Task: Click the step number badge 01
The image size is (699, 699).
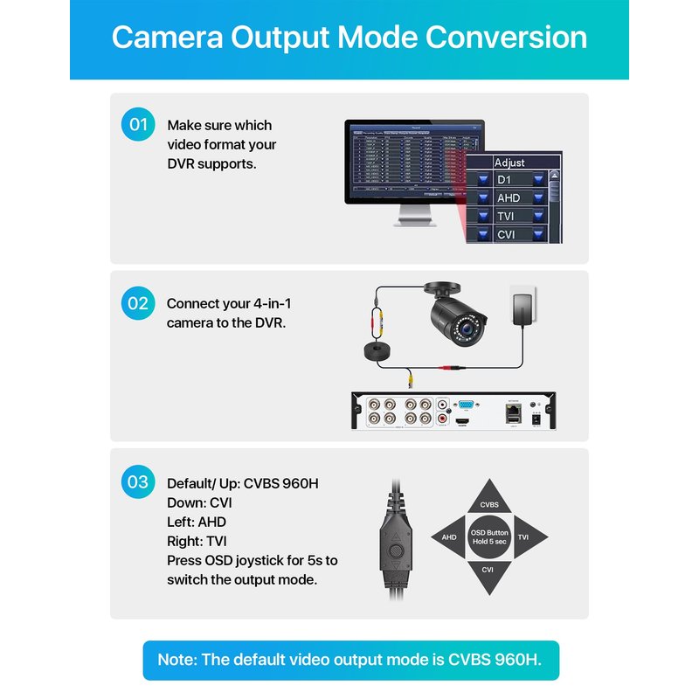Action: click(x=138, y=125)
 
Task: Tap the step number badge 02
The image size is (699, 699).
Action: click(x=138, y=303)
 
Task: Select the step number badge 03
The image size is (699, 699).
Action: click(x=138, y=481)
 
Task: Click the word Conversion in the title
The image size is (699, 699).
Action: click(x=506, y=38)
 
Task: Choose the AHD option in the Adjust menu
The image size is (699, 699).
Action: click(x=508, y=198)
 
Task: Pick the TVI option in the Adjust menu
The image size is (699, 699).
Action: click(x=506, y=216)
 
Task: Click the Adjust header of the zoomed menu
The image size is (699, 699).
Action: click(x=509, y=163)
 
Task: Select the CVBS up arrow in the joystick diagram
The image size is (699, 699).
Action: click(x=489, y=502)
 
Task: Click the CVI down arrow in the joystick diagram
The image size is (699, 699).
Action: click(x=489, y=571)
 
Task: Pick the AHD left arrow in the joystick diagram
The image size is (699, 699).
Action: click(x=449, y=537)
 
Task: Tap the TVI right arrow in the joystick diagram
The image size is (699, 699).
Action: click(x=527, y=537)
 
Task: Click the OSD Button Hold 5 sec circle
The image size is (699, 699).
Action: click(x=489, y=537)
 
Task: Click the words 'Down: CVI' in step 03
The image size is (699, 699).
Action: click(x=199, y=502)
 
